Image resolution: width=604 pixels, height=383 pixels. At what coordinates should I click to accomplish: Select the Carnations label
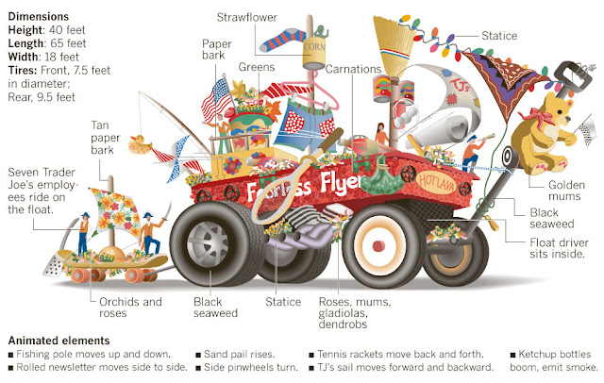(354, 69)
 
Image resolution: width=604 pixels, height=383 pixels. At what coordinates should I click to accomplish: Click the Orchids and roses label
(131, 308)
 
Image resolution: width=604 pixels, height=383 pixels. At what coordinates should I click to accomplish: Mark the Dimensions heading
(37, 16)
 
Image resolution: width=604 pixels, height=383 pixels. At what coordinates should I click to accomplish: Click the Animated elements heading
(59, 340)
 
